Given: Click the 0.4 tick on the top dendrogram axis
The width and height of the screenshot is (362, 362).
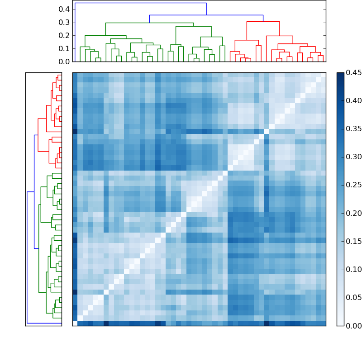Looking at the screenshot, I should point(64,10).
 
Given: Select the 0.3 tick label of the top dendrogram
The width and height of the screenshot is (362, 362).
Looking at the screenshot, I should point(64,23).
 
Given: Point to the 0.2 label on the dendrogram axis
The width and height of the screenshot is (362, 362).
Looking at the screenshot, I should point(64,36).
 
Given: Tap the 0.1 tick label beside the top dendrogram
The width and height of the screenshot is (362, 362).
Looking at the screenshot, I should point(64,49).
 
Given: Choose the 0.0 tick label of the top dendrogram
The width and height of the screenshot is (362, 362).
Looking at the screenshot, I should point(64,62).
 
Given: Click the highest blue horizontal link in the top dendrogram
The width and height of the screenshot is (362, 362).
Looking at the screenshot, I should point(140,3).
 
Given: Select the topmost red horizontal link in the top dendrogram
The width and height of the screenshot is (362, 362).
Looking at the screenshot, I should point(263,21).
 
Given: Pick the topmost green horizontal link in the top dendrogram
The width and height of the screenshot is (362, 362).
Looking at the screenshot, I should point(149,23).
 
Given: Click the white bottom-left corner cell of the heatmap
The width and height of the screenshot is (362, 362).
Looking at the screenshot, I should point(75,323).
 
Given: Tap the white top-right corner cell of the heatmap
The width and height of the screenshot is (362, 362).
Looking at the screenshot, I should point(323,75).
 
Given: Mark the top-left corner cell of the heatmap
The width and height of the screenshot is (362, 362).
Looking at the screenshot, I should point(75,75).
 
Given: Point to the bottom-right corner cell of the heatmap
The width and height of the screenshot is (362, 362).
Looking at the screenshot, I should point(323,323).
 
